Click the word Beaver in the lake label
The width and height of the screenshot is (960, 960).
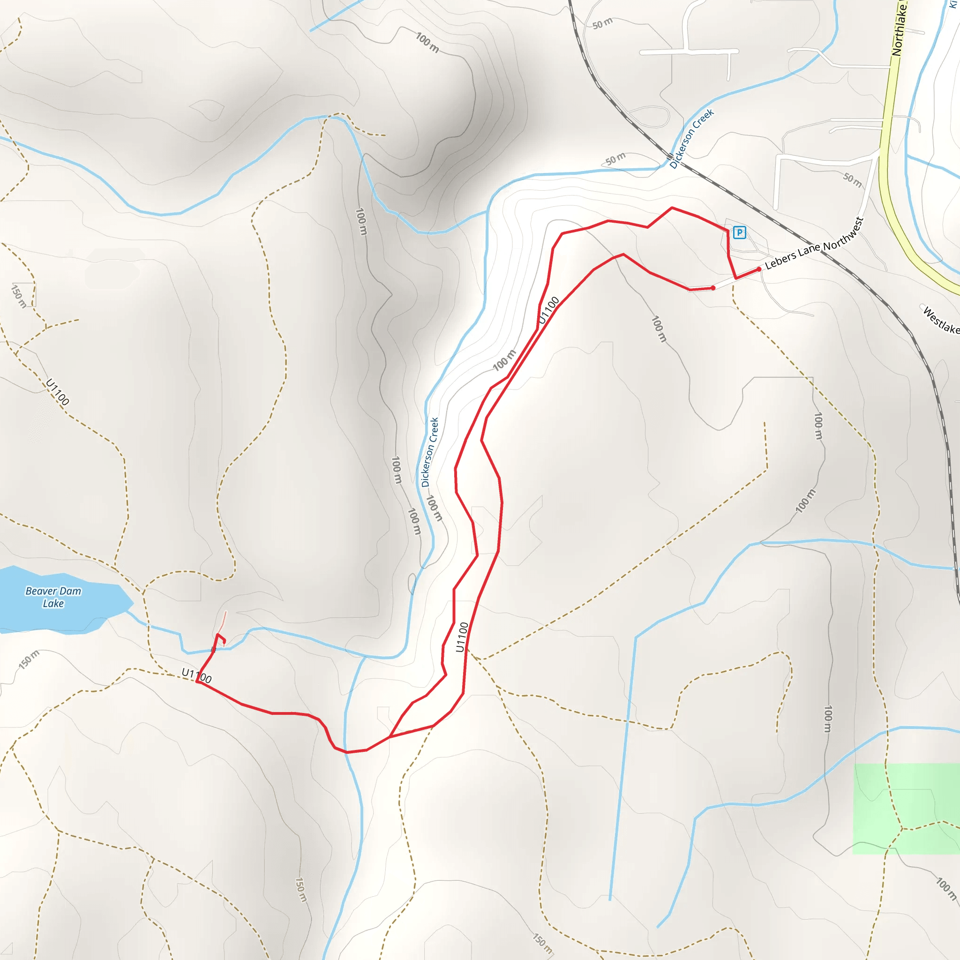[40, 591]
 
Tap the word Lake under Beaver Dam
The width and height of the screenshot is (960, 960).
[53, 604]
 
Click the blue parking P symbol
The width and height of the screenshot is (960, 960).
[739, 232]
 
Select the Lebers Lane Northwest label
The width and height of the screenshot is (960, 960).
[814, 243]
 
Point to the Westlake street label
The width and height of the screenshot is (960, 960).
[941, 321]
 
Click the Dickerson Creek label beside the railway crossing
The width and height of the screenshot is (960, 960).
[691, 138]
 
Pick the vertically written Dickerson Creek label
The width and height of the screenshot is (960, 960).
[430, 452]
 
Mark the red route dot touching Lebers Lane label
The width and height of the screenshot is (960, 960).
[759, 269]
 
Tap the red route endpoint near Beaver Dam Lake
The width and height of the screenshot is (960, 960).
[224, 642]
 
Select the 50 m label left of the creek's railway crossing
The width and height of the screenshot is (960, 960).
[615, 159]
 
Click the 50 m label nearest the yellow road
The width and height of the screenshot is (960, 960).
[852, 180]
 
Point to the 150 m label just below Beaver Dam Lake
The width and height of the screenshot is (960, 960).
[29, 660]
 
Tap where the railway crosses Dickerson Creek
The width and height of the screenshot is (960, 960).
[670, 161]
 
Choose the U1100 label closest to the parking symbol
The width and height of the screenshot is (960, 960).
[548, 309]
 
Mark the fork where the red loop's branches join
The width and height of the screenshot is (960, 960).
[390, 736]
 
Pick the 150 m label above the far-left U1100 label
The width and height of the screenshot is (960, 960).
[19, 296]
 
